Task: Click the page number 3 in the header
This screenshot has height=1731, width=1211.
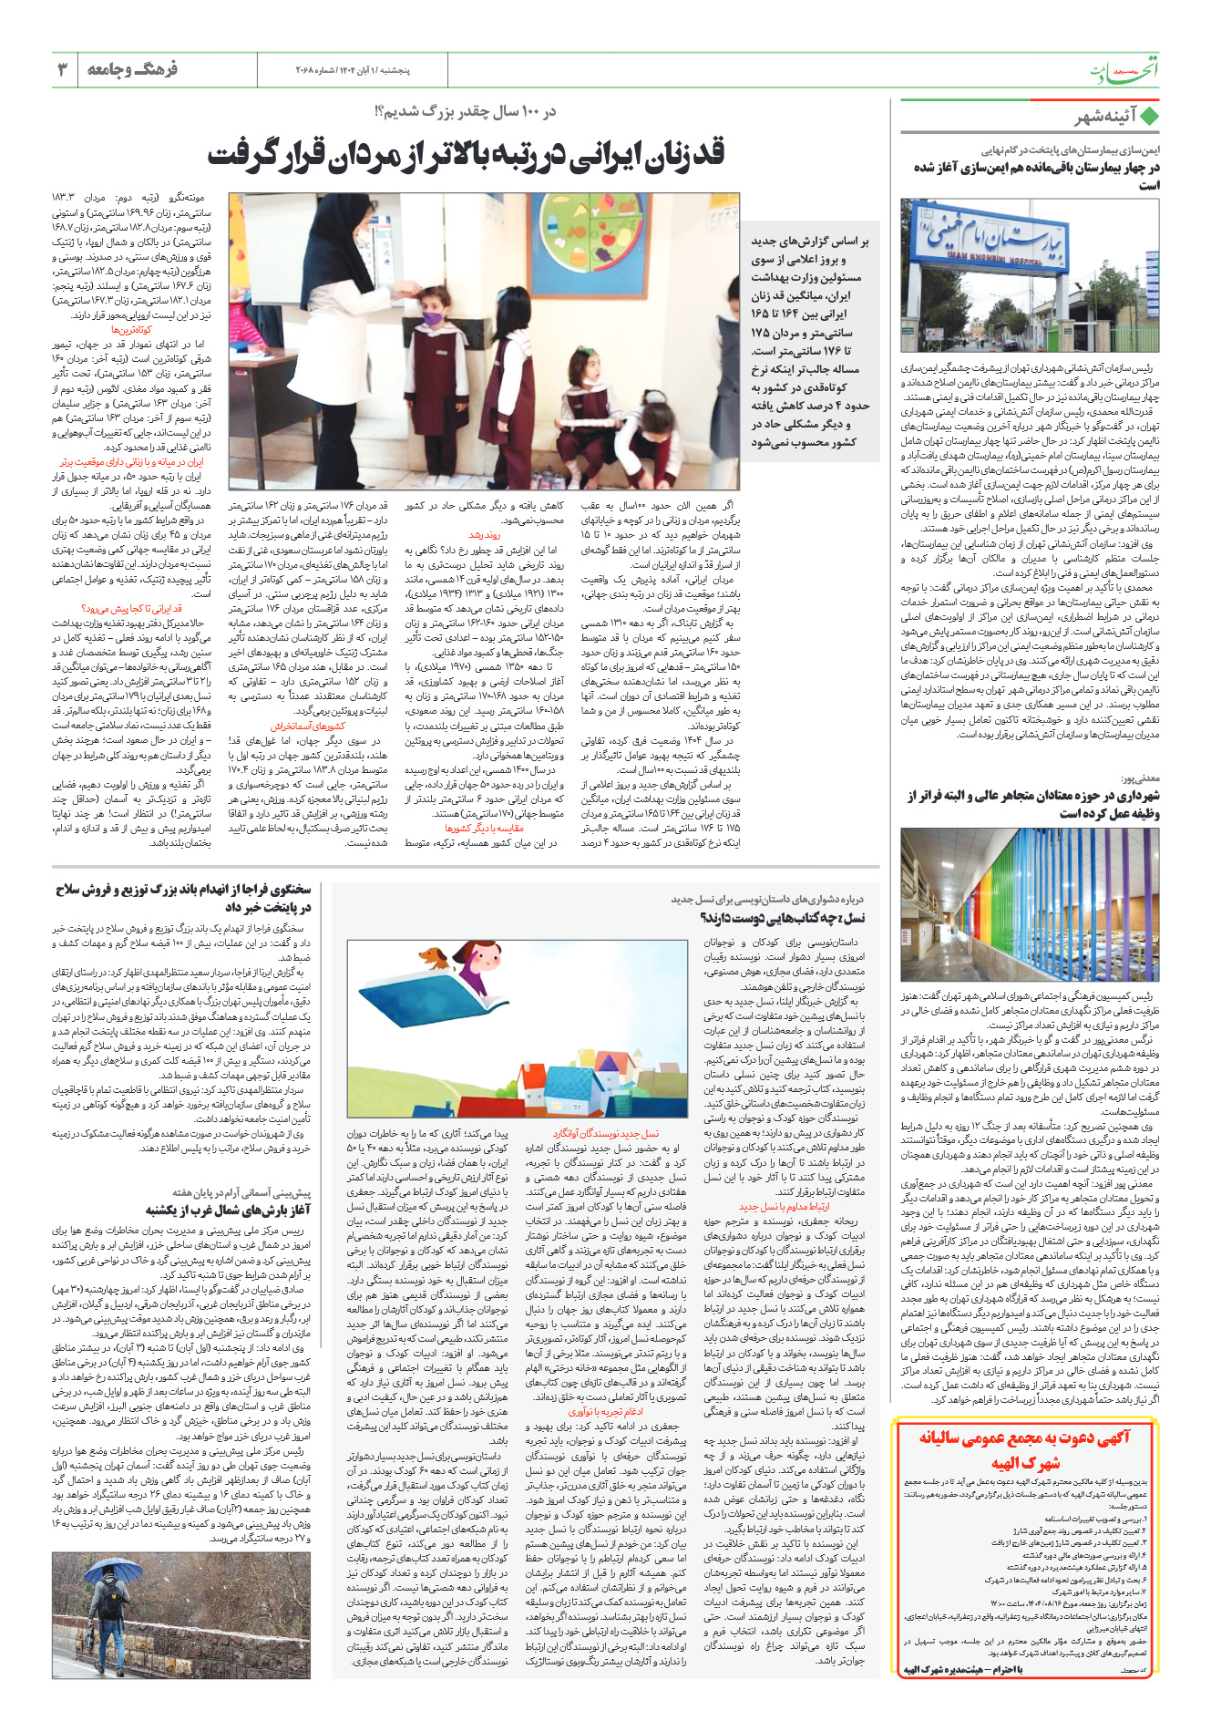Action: pos(63,69)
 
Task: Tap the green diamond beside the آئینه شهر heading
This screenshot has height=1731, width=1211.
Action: pos(1150,117)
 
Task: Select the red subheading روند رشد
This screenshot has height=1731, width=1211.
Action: pos(484,536)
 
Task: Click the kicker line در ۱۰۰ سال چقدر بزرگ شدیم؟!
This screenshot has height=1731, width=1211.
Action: pos(465,111)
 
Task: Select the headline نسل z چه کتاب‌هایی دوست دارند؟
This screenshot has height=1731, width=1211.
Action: pos(782,918)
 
